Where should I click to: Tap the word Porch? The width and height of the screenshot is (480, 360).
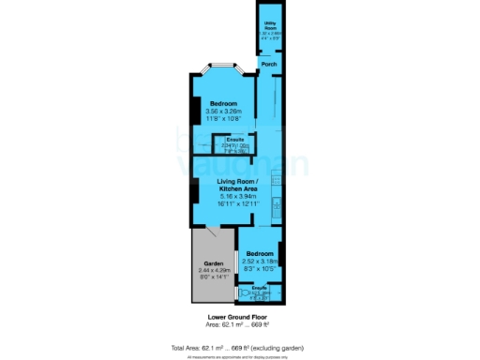coord(269,64)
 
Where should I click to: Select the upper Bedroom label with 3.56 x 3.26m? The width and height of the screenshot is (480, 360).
coord(222,102)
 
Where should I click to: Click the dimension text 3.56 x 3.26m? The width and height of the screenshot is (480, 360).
coord(222,111)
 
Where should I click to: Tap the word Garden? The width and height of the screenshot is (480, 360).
coord(212,263)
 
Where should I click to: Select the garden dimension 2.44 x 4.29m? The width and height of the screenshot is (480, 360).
coord(212,270)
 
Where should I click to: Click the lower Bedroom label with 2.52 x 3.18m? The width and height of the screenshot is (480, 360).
coord(260,254)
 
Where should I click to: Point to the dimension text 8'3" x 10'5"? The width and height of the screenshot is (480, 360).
coord(260,268)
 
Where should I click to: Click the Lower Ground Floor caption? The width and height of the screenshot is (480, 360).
coord(239,318)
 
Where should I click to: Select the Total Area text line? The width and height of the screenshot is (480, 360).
coord(239,347)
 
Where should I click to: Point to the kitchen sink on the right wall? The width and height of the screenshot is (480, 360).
coord(275,203)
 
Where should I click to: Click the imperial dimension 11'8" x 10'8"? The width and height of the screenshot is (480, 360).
coord(222,118)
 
